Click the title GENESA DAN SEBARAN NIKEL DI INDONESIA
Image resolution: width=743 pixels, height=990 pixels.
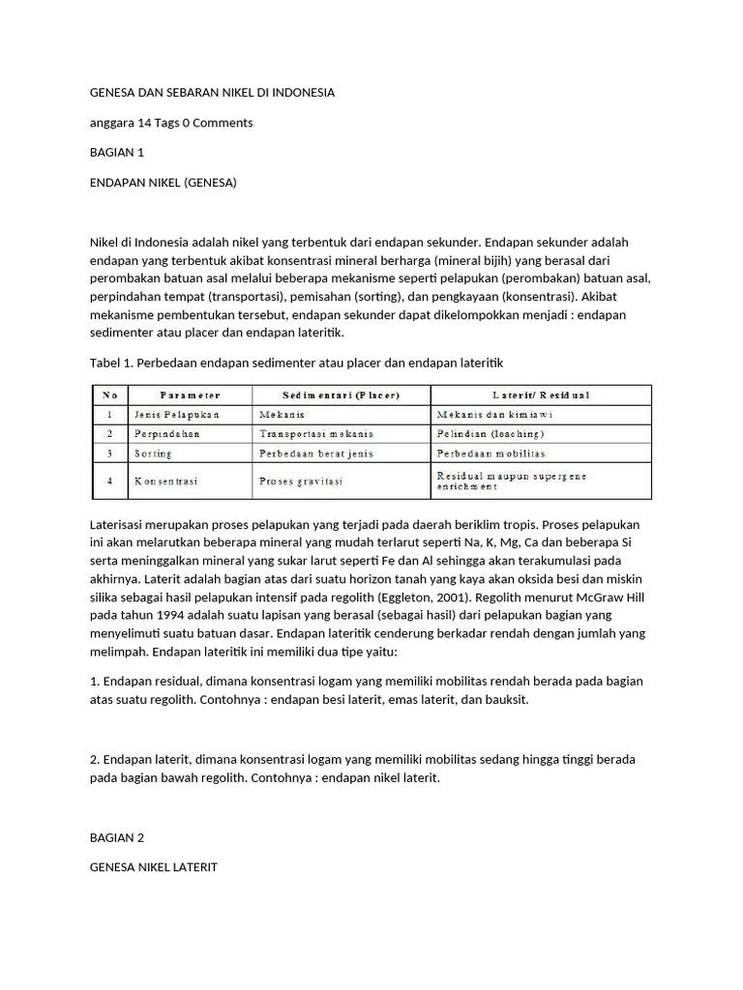pyautogui.click(x=212, y=93)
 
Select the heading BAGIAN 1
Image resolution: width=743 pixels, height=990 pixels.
pyautogui.click(x=116, y=152)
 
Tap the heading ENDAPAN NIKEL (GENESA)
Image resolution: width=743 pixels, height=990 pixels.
pyautogui.click(x=163, y=182)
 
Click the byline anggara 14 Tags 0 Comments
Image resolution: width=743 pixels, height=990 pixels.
pyautogui.click(x=170, y=123)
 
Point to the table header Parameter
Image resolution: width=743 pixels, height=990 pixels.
pyautogui.click(x=190, y=394)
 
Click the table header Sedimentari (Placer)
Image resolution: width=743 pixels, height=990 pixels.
pyautogui.click(x=342, y=394)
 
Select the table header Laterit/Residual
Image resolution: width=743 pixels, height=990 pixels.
pyautogui.click(x=541, y=394)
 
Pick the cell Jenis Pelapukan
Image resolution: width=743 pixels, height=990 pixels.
pyautogui.click(x=177, y=414)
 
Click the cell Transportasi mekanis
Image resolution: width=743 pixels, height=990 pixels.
pyautogui.click(x=315, y=433)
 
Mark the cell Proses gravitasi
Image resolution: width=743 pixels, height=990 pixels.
pyautogui.click(x=301, y=480)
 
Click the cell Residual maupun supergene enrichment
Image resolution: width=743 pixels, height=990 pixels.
pyautogui.click(x=512, y=480)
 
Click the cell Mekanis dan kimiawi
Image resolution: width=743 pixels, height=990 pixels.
pyautogui.click(x=495, y=414)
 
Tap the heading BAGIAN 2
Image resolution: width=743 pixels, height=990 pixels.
pyautogui.click(x=116, y=837)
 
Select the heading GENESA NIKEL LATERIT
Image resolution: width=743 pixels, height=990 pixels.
pyautogui.click(x=153, y=867)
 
